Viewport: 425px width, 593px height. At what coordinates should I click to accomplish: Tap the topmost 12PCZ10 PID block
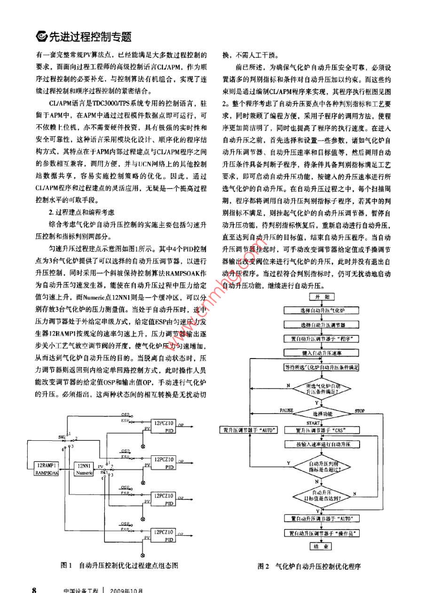click(163, 425)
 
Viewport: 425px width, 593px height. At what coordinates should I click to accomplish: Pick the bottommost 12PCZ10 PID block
click(163, 536)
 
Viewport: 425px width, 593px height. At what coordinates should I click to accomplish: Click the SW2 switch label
click(62, 437)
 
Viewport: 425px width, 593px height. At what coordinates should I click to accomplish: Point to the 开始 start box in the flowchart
click(322, 297)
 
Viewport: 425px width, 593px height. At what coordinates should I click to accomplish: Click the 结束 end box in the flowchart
click(321, 546)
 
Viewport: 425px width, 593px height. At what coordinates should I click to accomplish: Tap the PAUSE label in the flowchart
click(286, 411)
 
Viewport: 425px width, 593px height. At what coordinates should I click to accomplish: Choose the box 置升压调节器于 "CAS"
click(322, 430)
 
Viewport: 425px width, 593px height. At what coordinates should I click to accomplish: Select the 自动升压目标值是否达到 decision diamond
click(322, 495)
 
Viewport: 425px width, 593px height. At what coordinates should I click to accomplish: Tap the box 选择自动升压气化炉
click(322, 311)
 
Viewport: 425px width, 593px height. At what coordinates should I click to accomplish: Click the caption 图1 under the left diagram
click(66, 565)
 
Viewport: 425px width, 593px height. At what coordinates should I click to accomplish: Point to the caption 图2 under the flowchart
click(263, 566)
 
